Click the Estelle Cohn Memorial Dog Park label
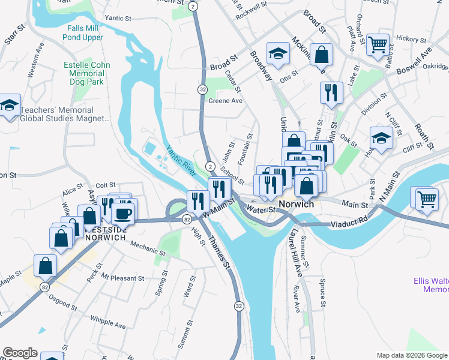pos(85,73)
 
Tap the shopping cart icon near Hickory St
pos(378,44)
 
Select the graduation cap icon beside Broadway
pos(279,55)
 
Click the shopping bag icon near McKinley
pos(322,54)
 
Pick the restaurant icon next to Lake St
pos(331,92)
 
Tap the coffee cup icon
pos(125,214)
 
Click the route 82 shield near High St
pos(187,220)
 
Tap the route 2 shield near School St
pos(209,166)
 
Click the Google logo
pos(20,353)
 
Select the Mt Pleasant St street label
pos(122,278)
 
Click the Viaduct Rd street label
pos(350,223)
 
